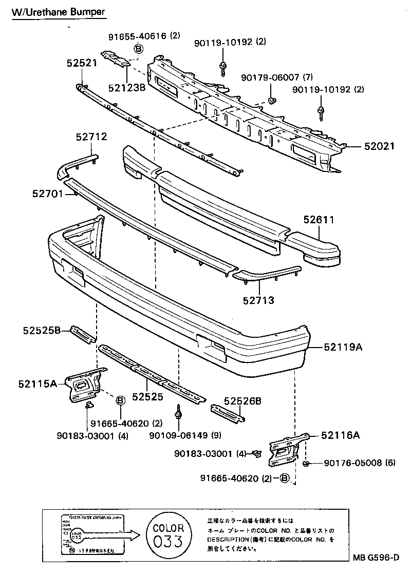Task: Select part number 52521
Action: tap(82, 63)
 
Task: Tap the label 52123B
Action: tap(127, 87)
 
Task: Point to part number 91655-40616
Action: tap(137, 36)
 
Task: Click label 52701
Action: tap(47, 194)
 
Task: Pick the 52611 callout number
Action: tap(319, 220)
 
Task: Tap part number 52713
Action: tap(260, 300)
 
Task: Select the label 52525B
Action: tap(42, 331)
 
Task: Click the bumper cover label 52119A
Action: tap(343, 348)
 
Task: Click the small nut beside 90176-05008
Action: tap(305, 464)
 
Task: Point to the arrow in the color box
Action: tap(110, 536)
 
